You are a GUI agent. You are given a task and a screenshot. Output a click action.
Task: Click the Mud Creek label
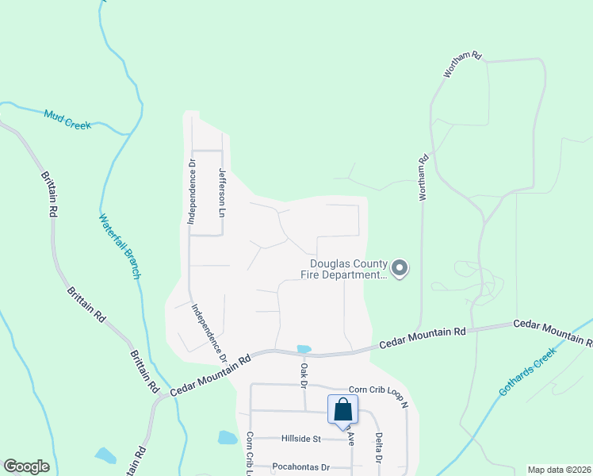point(68,120)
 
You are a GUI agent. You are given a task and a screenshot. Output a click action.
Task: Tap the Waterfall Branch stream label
point(120,246)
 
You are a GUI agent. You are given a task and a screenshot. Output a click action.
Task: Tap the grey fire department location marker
point(400,269)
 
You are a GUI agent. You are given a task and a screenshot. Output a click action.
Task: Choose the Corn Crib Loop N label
point(378,393)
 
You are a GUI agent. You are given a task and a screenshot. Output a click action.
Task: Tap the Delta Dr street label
point(379,447)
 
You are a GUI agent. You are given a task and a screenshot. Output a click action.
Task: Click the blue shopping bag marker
point(343,410)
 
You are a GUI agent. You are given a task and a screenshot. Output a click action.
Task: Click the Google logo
point(26,466)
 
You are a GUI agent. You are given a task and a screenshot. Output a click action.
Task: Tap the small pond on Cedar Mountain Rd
point(304,349)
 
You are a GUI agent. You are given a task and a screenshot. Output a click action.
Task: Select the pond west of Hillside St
point(227,437)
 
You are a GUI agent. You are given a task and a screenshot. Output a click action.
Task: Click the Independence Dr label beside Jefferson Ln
point(191,190)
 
